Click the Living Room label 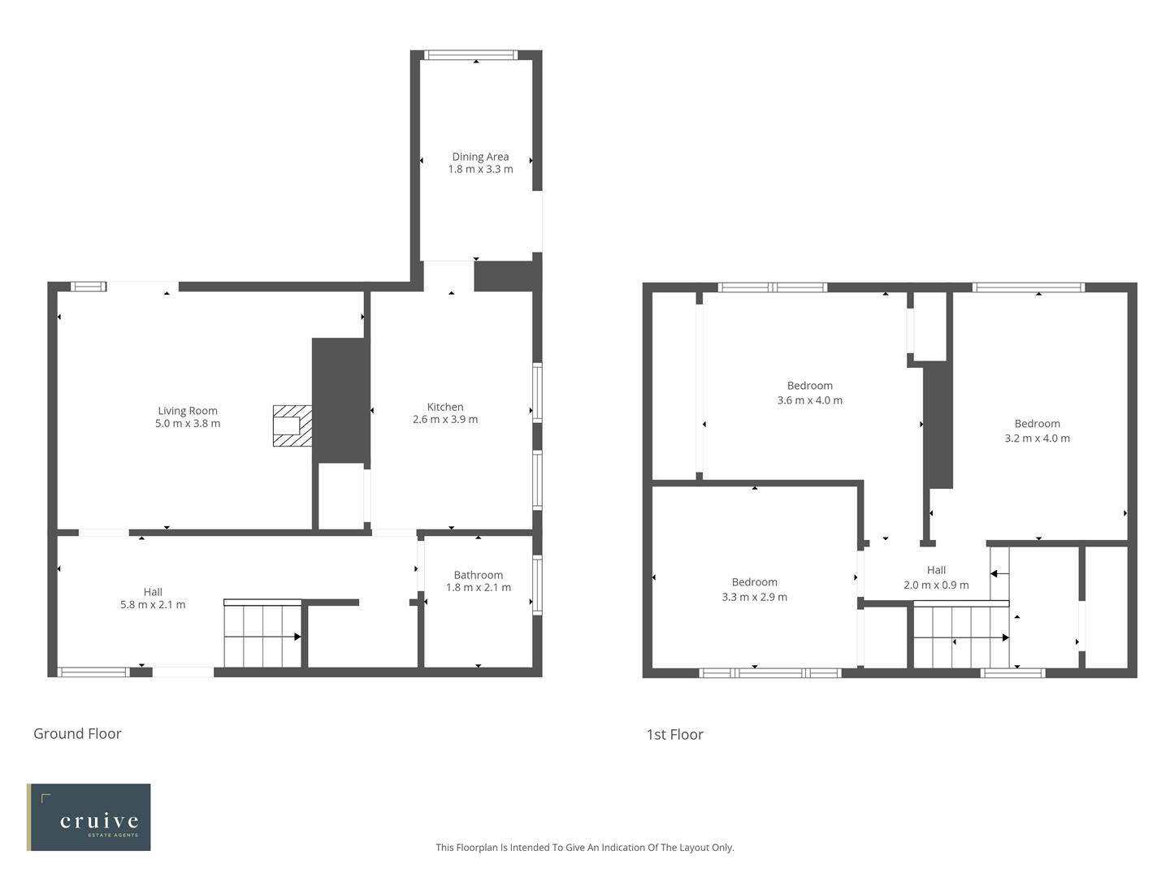coord(188,411)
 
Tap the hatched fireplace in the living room coord(292,426)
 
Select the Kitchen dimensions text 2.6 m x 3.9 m coord(445,420)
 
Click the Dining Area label coord(480,157)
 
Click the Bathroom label coord(478,575)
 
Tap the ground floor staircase coord(262,635)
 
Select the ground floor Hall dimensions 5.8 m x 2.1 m coord(153,604)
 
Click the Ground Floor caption coord(77,733)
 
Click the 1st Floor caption coord(674,734)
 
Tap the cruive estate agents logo coord(89,817)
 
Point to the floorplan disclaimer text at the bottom coord(584,847)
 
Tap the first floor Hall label coord(936,570)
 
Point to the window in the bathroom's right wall coord(537,585)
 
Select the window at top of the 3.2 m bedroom coord(1029,287)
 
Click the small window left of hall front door coord(93,672)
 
